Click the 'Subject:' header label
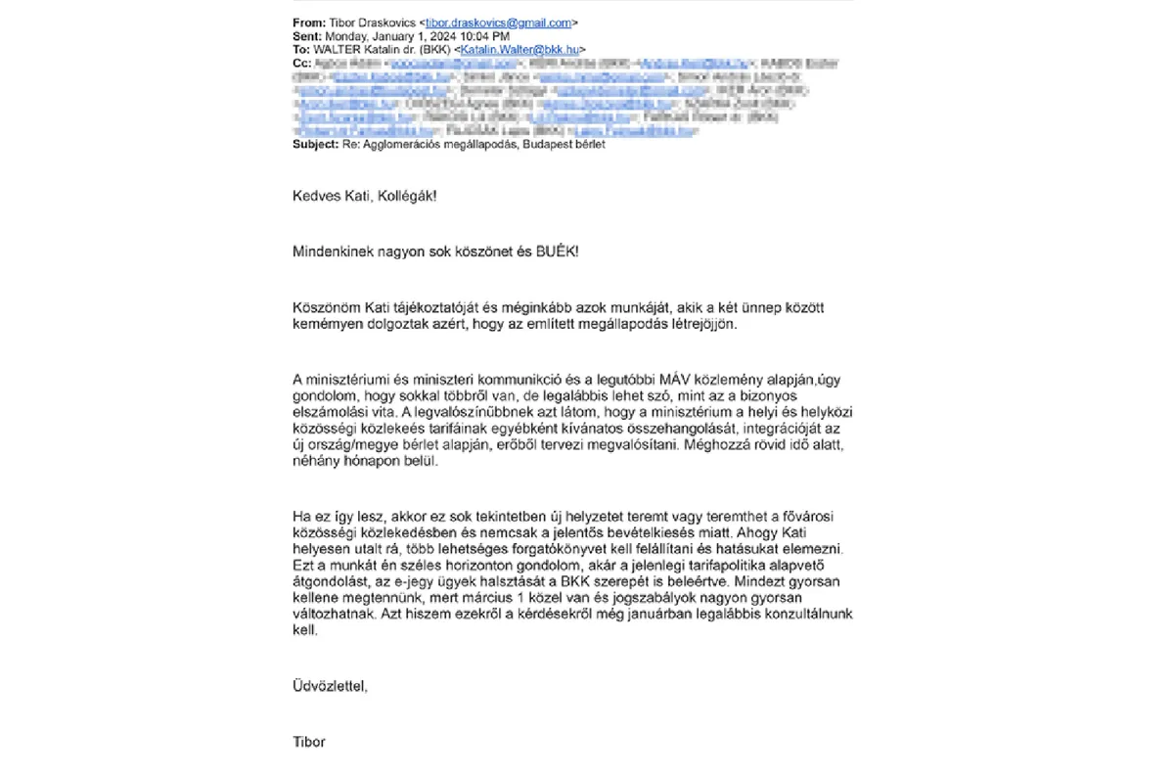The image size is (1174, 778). [315, 145]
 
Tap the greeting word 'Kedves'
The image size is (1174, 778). [315, 196]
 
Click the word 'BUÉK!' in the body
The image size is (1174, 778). [556, 252]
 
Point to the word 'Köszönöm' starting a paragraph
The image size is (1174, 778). [324, 307]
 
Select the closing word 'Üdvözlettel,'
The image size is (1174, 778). [330, 686]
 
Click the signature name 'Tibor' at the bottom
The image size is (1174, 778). [309, 742]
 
